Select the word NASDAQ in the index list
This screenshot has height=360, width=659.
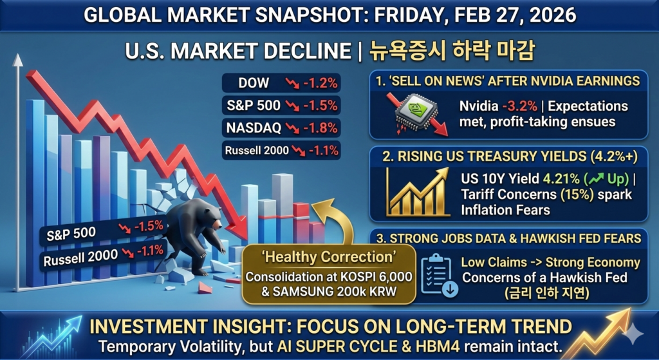click(x=254, y=128)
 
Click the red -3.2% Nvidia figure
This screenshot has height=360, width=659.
click(x=519, y=106)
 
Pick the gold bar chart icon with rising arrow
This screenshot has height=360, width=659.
click(x=417, y=192)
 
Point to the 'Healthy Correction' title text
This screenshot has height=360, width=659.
click(x=328, y=256)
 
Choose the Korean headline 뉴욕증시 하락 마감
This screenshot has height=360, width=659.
click(x=451, y=51)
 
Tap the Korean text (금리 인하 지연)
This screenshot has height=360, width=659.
click(x=547, y=292)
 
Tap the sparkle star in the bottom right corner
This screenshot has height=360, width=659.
click(x=633, y=334)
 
